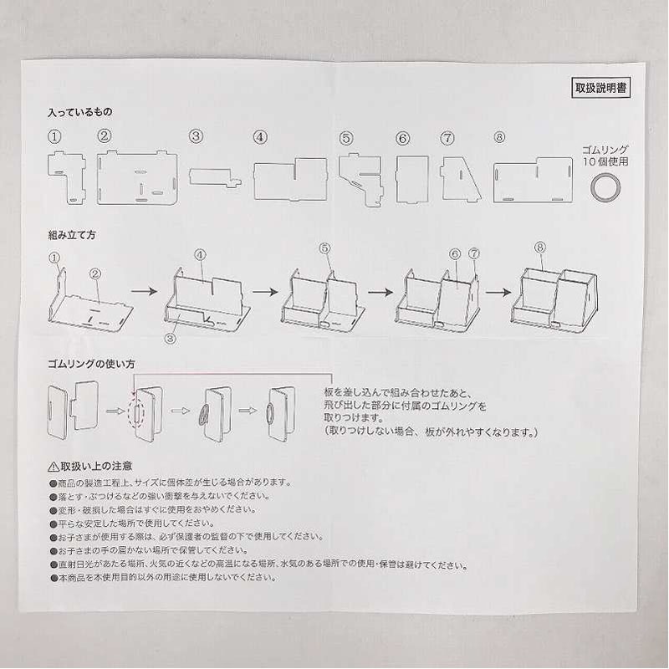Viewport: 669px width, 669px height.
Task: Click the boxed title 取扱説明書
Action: pyautogui.click(x=600, y=88)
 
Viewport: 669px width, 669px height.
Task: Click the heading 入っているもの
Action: pyautogui.click(x=80, y=112)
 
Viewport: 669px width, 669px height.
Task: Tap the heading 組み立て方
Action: pyautogui.click(x=72, y=235)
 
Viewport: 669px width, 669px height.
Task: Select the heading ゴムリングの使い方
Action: pyautogui.click(x=91, y=364)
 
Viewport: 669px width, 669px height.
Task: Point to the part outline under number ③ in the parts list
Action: pyautogui.click(x=215, y=177)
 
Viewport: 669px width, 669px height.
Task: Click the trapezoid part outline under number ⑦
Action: pyautogui.click(x=461, y=178)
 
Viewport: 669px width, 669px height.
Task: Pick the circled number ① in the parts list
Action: pyautogui.click(x=54, y=137)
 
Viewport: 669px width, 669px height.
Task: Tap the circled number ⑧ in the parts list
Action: pyautogui.click(x=499, y=137)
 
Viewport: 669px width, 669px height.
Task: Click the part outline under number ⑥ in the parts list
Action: pyautogui.click(x=411, y=179)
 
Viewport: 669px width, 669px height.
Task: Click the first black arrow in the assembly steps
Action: pyautogui.click(x=144, y=291)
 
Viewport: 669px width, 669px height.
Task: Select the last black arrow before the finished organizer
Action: pyautogui.click(x=498, y=292)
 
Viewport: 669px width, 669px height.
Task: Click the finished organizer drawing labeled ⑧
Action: pyautogui.click(x=554, y=299)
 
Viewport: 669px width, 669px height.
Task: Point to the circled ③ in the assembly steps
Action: pyautogui.click(x=171, y=339)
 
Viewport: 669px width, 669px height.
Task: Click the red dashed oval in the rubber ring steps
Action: pyautogui.click(x=136, y=414)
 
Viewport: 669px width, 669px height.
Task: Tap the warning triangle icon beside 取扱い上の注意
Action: pyautogui.click(x=54, y=467)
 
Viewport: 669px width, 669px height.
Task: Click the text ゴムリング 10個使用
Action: pyautogui.click(x=605, y=156)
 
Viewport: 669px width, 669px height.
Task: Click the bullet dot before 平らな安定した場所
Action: pyautogui.click(x=54, y=523)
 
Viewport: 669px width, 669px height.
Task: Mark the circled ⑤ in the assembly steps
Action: pyautogui.click(x=325, y=248)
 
